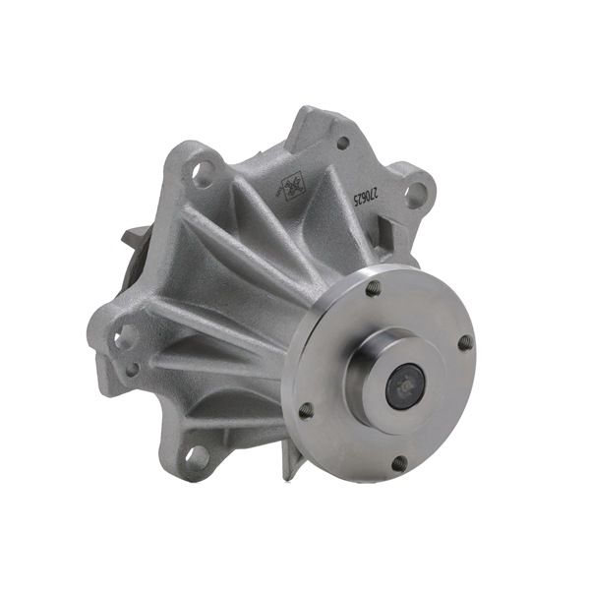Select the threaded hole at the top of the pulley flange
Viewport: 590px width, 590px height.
374,289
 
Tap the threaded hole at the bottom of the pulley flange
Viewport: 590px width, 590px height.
398,461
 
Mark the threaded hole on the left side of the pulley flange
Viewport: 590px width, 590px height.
306,409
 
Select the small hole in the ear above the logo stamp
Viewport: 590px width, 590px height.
342,144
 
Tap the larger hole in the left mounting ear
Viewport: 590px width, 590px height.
125,336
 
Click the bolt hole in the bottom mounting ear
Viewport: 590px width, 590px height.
199,454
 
